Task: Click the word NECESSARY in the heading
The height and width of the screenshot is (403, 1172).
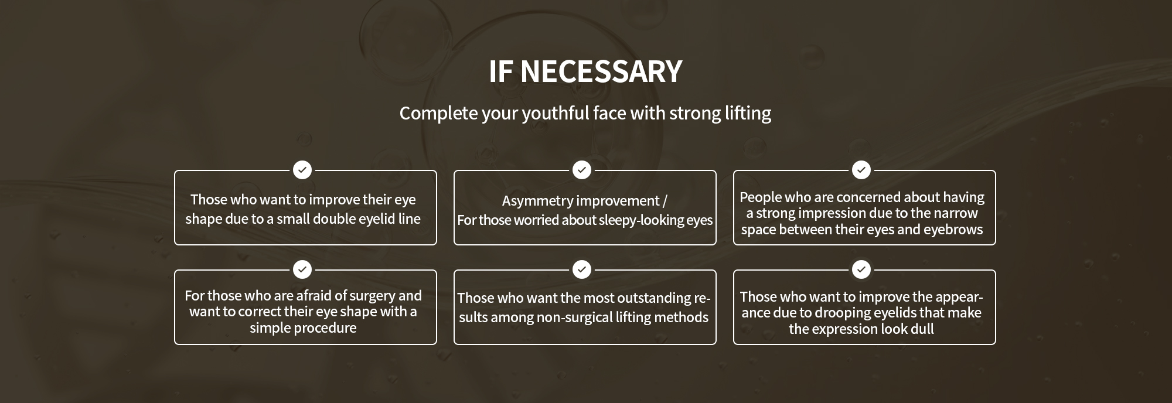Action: (601, 71)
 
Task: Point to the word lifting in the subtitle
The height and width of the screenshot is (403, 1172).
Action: (748, 113)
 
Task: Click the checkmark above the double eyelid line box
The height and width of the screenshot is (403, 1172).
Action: (302, 170)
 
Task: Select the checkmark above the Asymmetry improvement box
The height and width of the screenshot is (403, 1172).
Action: (582, 170)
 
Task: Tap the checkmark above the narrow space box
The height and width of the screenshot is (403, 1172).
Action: (861, 170)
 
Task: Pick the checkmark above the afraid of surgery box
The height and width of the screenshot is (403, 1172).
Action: (302, 269)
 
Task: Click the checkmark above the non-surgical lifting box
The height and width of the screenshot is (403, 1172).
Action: (582, 269)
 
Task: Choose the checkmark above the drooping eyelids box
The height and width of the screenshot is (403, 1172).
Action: (861, 269)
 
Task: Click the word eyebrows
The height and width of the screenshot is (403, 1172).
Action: (953, 230)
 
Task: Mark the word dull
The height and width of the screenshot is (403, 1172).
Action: (922, 329)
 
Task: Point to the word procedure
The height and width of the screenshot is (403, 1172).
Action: (327, 328)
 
